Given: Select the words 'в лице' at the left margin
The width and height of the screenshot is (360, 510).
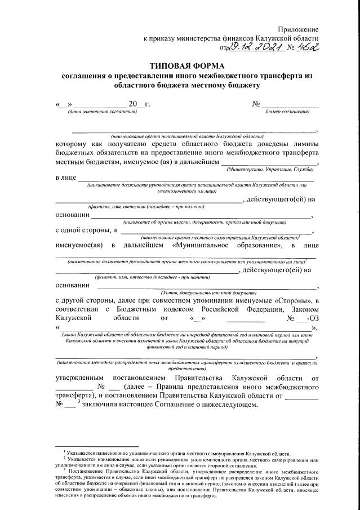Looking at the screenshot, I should click(x=65, y=178).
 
